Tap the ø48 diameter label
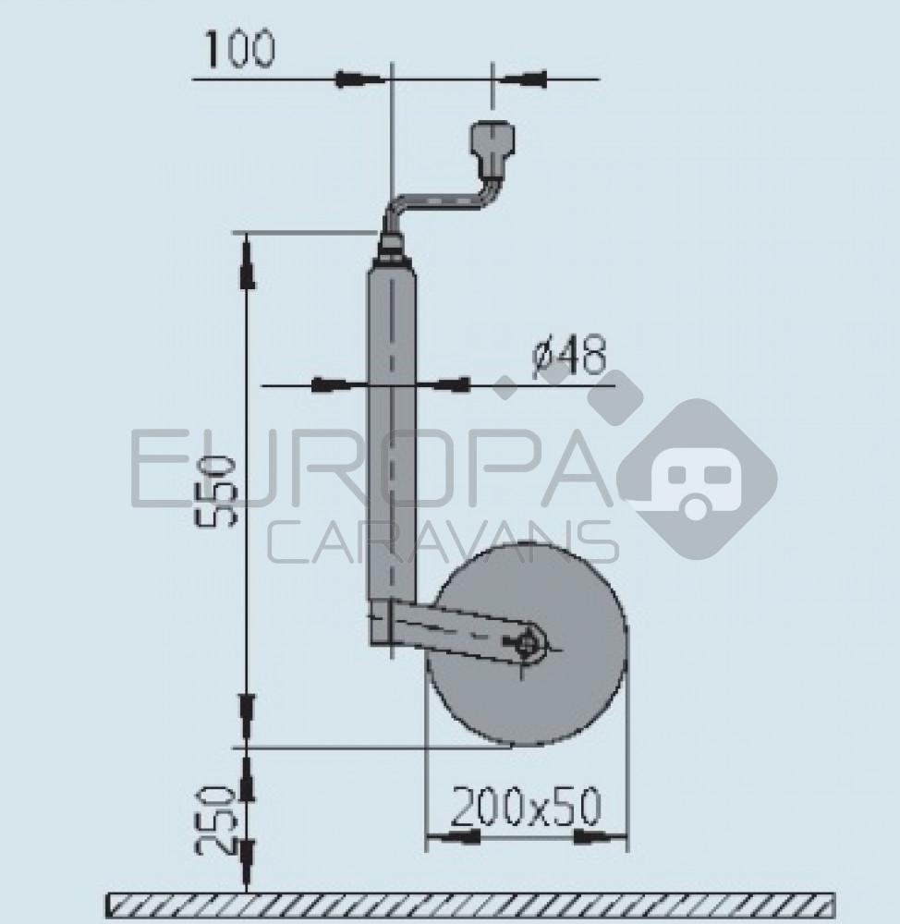pyautogui.click(x=569, y=355)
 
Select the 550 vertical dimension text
pyautogui.click(x=223, y=491)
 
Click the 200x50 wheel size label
pyautogui.click(x=525, y=807)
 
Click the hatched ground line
pyautogui.click(x=471, y=905)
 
